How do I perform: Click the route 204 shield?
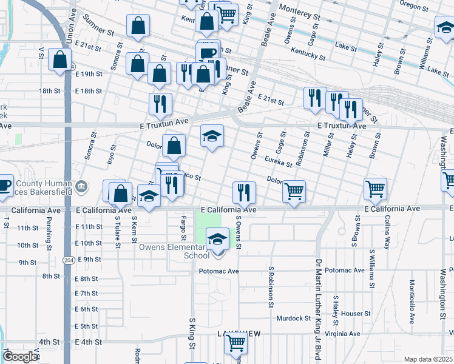coord(67,260)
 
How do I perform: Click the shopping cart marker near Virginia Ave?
coord(235,344)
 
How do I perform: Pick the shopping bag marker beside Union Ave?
coord(59,61)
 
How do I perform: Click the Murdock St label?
coord(293,318)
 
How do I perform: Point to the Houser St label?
coord(356,314)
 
